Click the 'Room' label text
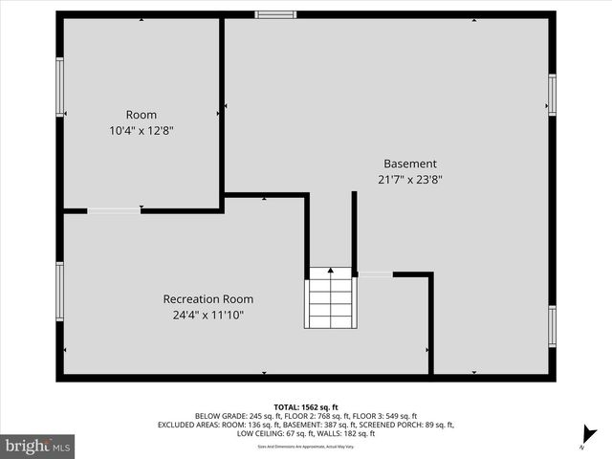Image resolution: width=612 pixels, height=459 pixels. (142, 115)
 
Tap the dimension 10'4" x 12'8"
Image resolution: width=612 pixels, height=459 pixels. (142, 131)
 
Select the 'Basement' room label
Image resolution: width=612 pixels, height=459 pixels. (410, 164)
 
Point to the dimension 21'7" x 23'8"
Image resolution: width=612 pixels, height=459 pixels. (410, 179)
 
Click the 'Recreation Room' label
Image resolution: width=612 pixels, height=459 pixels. (208, 299)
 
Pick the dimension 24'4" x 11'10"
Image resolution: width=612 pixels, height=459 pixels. (208, 315)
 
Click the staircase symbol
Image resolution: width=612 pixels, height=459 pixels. (329, 297)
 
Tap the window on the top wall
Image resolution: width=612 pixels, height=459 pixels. (275, 14)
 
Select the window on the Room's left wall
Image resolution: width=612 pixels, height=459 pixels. (59, 87)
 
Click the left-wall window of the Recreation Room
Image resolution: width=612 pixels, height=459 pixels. (59, 292)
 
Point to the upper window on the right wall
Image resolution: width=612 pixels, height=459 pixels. (552, 96)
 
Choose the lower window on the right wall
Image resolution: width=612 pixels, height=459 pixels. (552, 326)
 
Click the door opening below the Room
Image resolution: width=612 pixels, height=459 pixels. (114, 210)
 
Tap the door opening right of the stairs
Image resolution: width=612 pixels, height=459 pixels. (375, 274)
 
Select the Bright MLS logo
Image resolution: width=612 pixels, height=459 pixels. (38, 446)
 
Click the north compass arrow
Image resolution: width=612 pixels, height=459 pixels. (590, 435)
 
